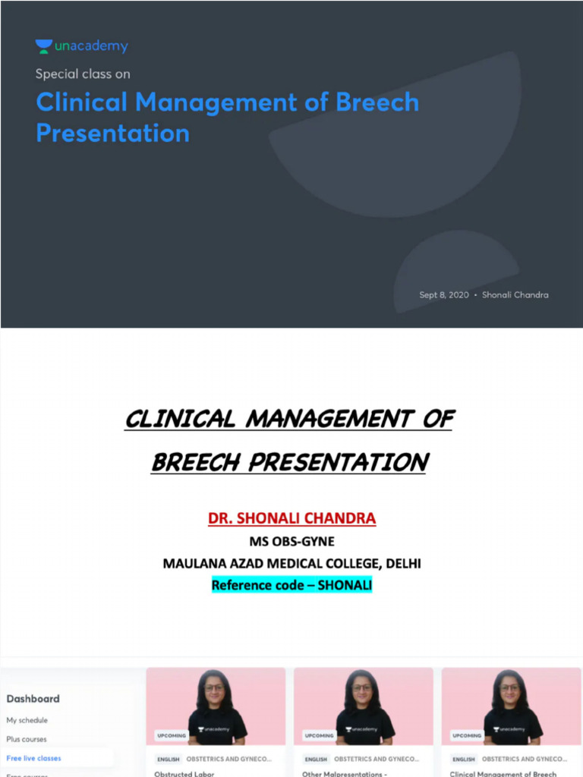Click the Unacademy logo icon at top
point(44,46)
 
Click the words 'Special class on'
point(82,74)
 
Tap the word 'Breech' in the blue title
point(376,102)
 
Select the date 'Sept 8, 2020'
point(444,294)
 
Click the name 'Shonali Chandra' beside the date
point(515,294)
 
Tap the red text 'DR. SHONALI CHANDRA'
point(291,519)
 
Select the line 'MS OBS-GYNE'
point(291,542)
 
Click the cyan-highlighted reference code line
point(291,585)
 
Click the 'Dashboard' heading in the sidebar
point(33,699)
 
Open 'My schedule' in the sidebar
point(27,720)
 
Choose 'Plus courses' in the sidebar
point(27,739)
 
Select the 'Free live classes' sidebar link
point(33,758)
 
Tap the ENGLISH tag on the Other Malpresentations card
point(316,759)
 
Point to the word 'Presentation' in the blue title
point(112,134)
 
